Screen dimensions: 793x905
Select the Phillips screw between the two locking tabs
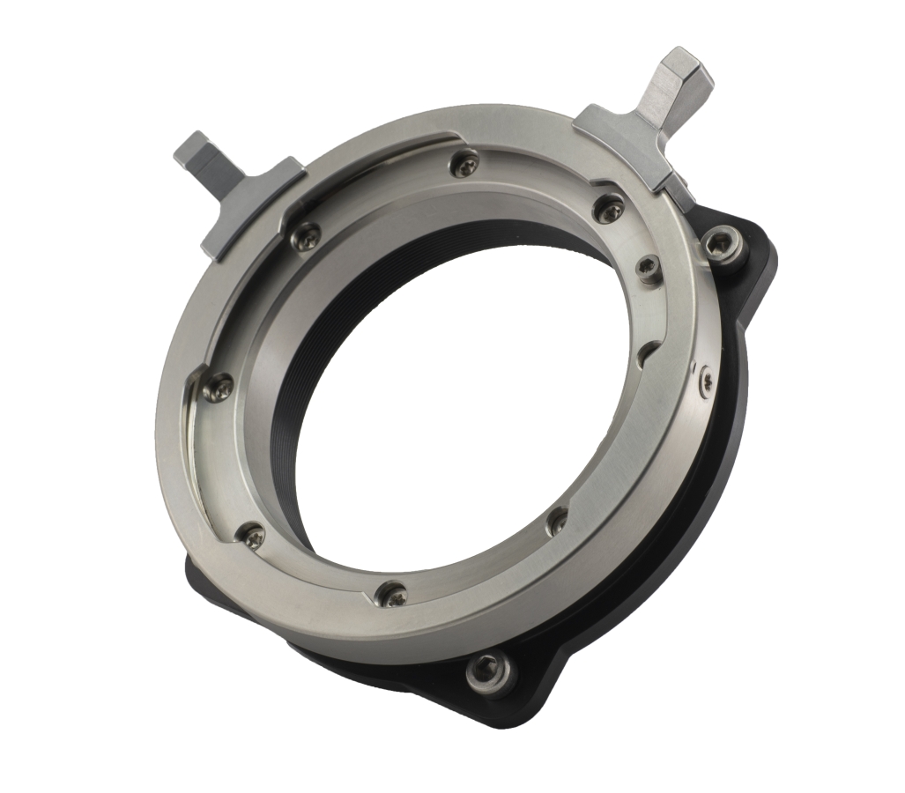click(x=466, y=161)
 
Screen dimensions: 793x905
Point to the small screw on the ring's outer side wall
click(x=707, y=381)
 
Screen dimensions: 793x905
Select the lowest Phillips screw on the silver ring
click(x=389, y=593)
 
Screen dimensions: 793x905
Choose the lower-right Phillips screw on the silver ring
click(x=556, y=522)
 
